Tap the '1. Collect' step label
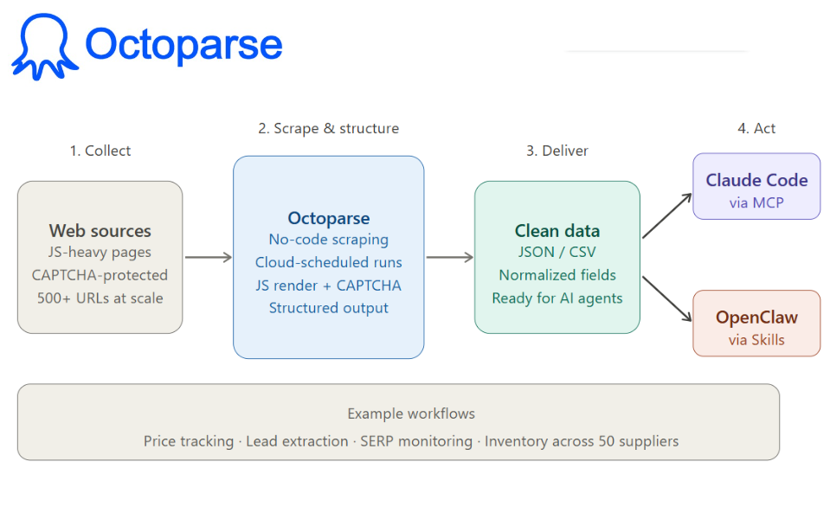(x=100, y=151)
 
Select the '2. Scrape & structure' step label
(x=328, y=128)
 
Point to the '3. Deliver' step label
(x=557, y=151)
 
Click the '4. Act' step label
(x=756, y=128)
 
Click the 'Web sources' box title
(x=100, y=231)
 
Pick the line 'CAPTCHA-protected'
(x=100, y=275)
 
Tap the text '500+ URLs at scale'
(x=100, y=298)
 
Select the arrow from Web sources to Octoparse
(x=208, y=257)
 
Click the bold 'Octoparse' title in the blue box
(x=328, y=218)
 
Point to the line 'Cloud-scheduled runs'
(x=328, y=262)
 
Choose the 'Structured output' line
(x=328, y=308)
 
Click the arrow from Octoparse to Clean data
(x=449, y=257)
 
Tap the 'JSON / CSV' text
(x=557, y=253)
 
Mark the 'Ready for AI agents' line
(x=557, y=298)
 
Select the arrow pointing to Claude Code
(x=667, y=215)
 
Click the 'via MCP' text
(x=756, y=203)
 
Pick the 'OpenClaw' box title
(x=756, y=317)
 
